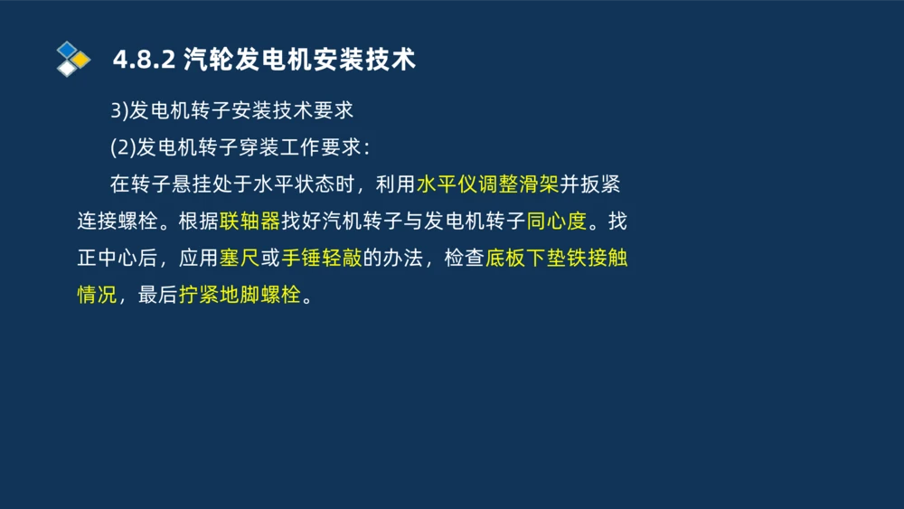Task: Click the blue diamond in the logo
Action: coord(66,49)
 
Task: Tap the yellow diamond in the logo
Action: coord(81,60)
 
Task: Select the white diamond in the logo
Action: coord(66,68)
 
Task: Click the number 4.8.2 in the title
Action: coord(143,60)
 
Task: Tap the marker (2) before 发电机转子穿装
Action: coord(123,148)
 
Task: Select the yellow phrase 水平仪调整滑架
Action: coord(487,184)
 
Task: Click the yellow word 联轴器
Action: coord(249,222)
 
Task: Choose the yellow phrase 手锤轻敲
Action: coord(322,259)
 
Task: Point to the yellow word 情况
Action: coord(97,296)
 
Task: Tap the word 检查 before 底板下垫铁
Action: coord(465,259)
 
